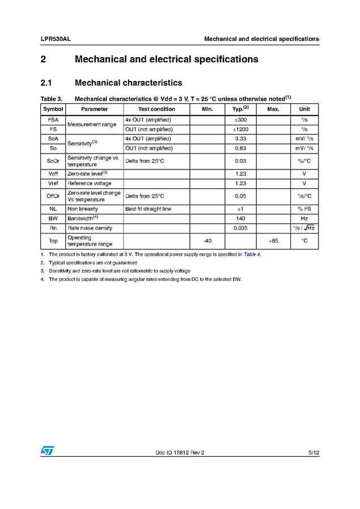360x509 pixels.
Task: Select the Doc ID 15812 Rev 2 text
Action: point(179,453)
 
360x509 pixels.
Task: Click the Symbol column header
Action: point(53,109)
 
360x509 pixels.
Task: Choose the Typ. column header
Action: point(240,108)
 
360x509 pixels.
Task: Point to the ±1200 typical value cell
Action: point(240,129)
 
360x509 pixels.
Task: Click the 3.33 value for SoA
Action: point(240,138)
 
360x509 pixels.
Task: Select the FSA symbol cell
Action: point(53,120)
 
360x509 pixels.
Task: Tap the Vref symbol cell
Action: point(53,184)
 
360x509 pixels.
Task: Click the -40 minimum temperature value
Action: point(207,241)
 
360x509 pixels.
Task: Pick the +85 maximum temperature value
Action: point(273,241)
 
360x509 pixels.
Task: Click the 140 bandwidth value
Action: point(240,218)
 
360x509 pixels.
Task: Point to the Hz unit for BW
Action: point(304,218)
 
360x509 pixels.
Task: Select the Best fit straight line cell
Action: point(148,209)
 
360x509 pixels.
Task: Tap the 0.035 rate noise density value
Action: point(240,228)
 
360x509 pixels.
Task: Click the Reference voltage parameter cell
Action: point(90,184)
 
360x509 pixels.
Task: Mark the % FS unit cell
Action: point(304,209)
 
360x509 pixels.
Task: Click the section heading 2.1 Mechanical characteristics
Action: point(112,83)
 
